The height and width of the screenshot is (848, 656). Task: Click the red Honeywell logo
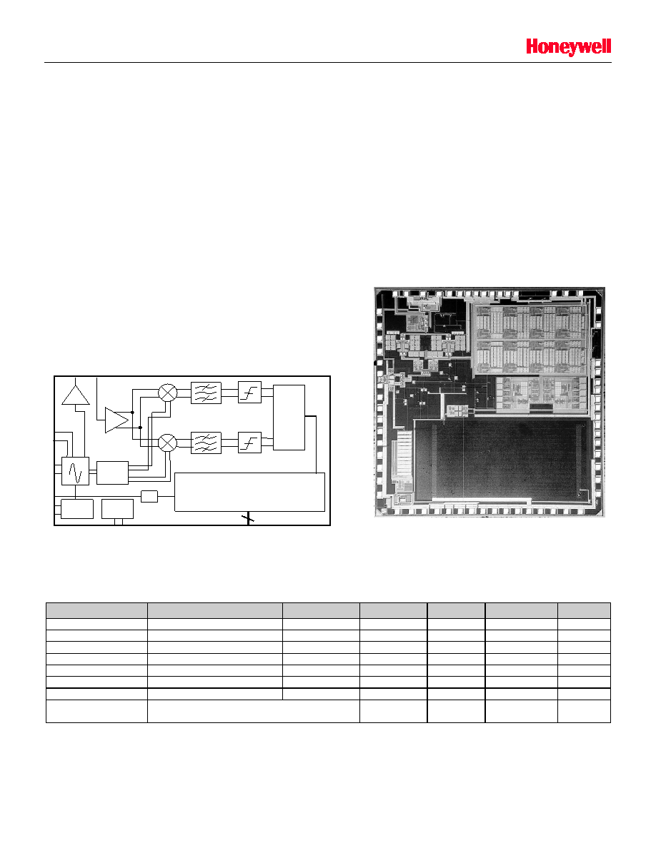[x=568, y=47]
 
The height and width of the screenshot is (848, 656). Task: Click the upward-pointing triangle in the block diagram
[x=76, y=395]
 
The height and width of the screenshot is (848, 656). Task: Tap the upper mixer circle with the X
[x=168, y=392]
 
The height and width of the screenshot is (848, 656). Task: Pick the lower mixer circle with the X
[x=168, y=443]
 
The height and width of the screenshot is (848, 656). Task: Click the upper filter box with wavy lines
[x=207, y=393]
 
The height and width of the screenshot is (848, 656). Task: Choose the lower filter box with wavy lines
[x=207, y=443]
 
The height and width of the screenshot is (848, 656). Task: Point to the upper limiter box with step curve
[x=249, y=393]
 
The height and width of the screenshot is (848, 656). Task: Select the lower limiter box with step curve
[x=249, y=443]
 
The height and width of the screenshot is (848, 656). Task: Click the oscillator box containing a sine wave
[x=75, y=471]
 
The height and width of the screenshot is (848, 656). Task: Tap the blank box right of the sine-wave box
[x=113, y=473]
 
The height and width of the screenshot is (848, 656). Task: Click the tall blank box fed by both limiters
[x=289, y=418]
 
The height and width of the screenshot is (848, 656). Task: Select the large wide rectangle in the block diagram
[x=249, y=492]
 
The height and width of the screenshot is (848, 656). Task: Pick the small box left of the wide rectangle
[x=149, y=496]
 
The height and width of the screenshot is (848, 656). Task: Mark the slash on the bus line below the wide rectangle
[x=248, y=519]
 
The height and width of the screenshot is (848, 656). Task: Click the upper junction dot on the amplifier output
[x=133, y=412]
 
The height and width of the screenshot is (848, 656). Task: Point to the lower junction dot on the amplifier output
[x=140, y=428]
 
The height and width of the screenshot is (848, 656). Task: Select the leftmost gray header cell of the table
[x=97, y=610]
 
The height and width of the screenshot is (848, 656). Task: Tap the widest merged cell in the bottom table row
[x=254, y=711]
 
